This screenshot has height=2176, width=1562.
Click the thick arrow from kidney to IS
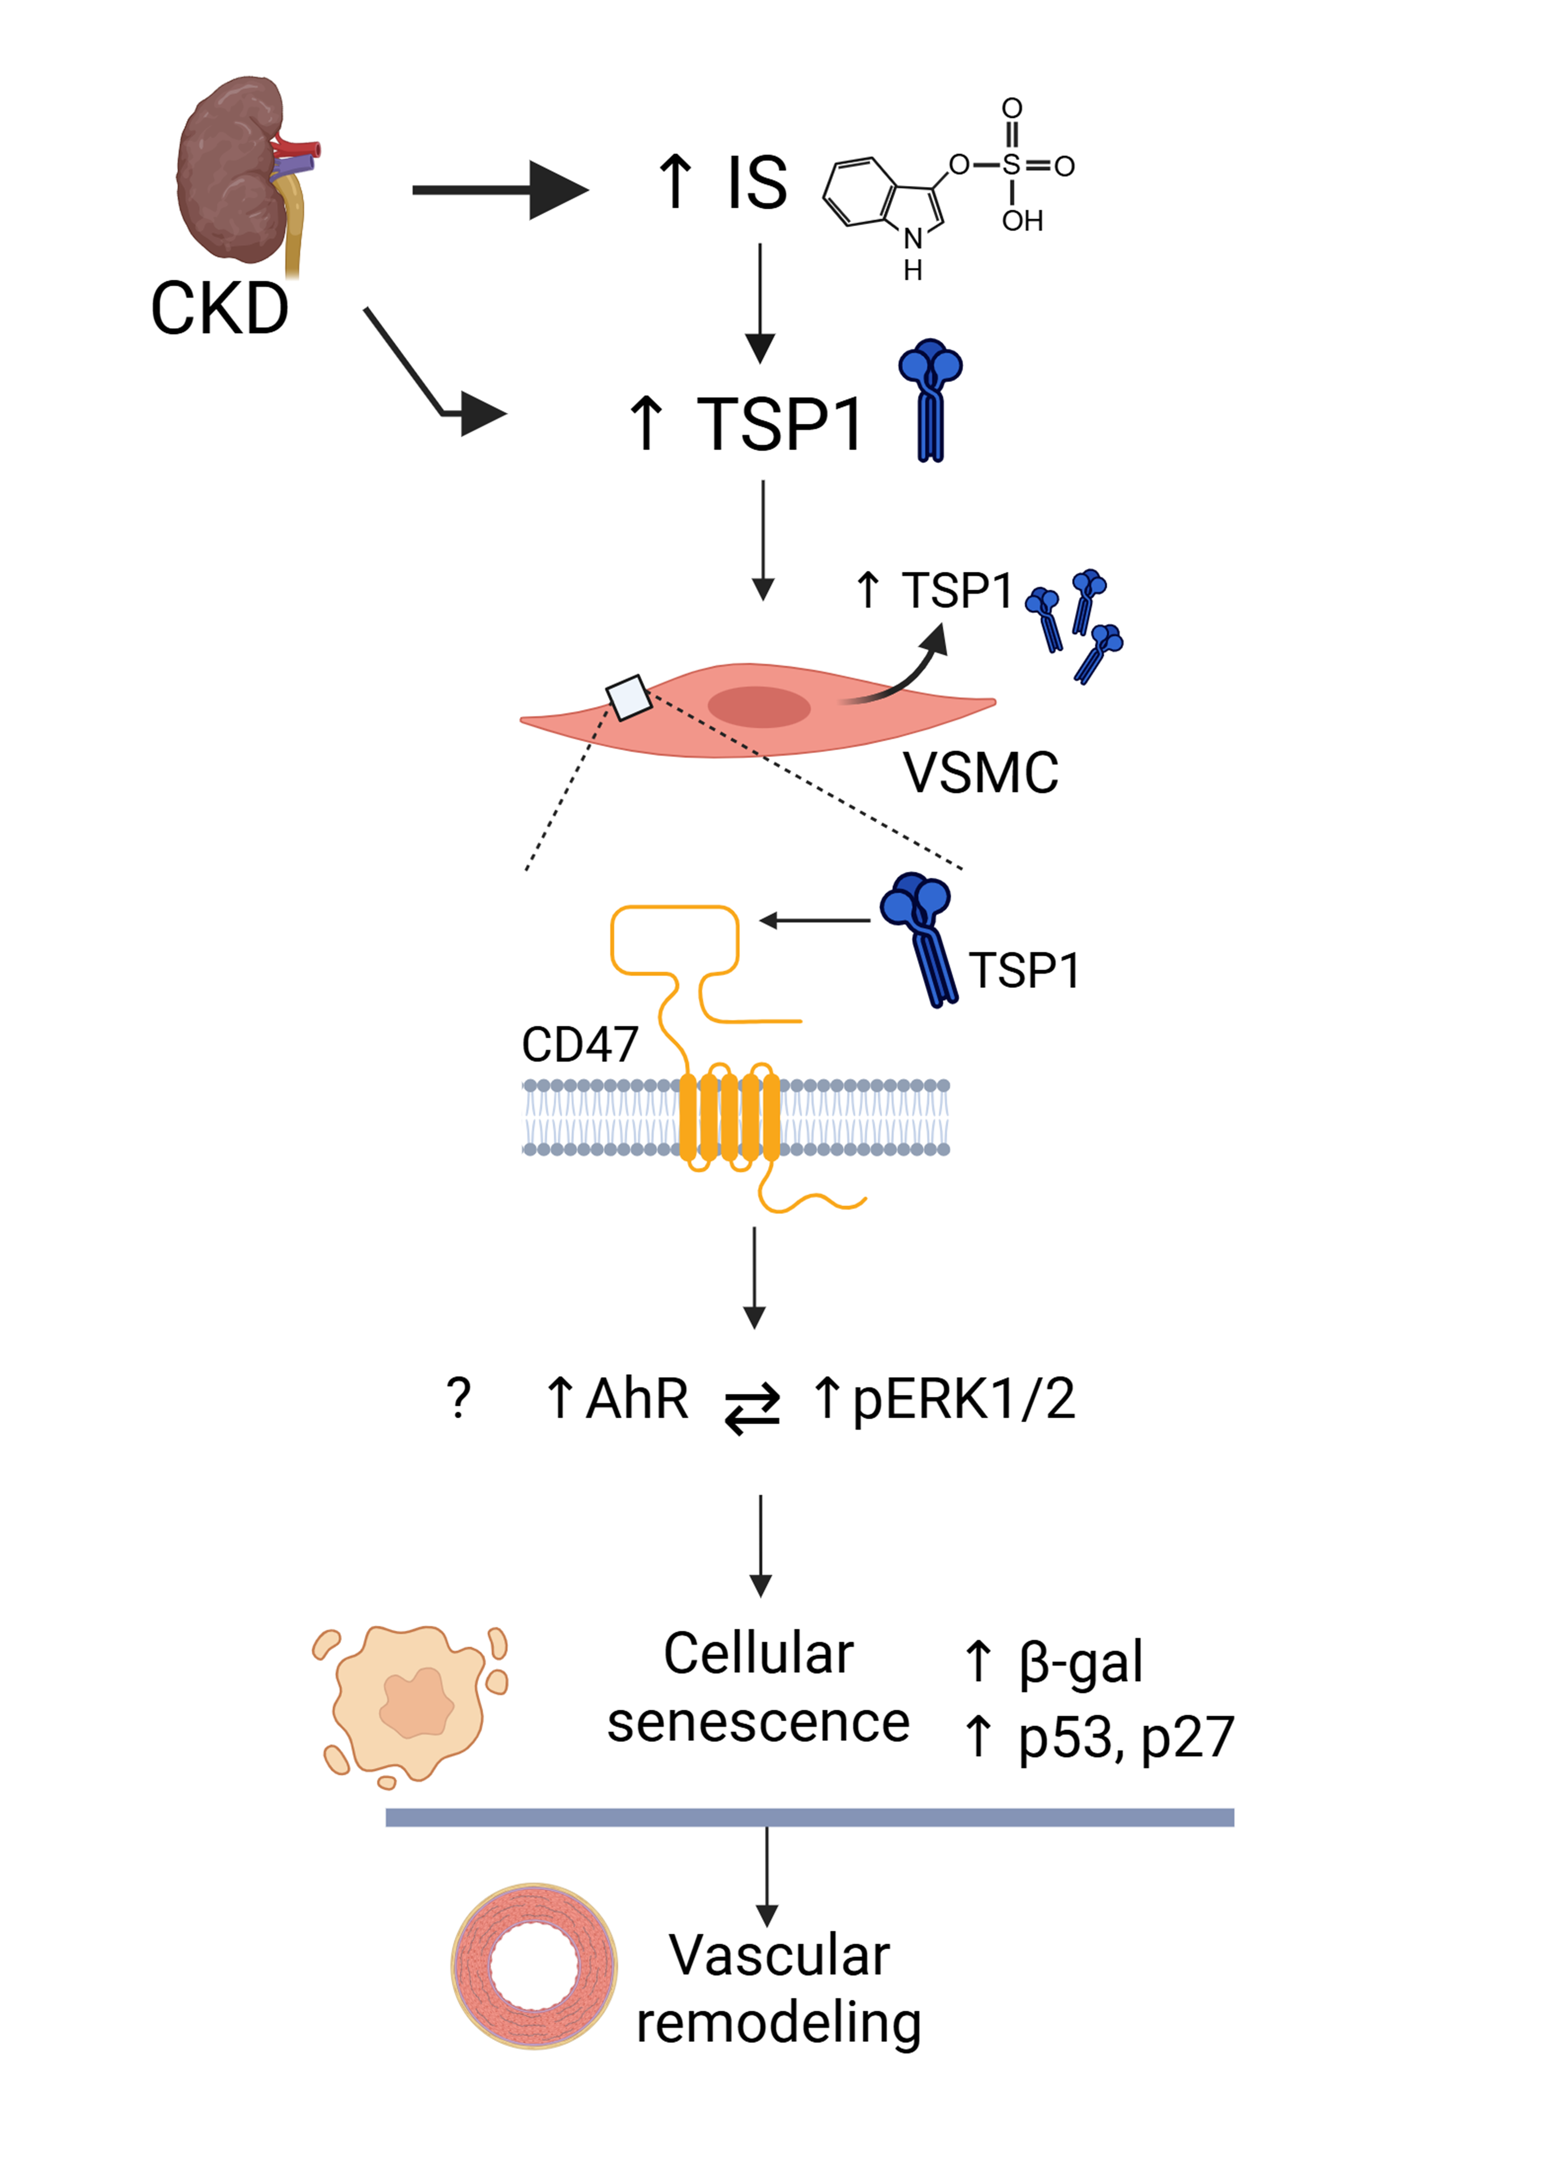pos(499,190)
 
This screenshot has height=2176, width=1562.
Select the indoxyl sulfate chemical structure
pos(945,187)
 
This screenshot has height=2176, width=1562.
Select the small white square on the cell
pos(628,697)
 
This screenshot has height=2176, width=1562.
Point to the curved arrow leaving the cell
pos(902,672)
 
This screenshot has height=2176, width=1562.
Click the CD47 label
pos(580,1044)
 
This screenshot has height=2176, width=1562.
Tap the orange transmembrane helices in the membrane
pos(729,1118)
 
